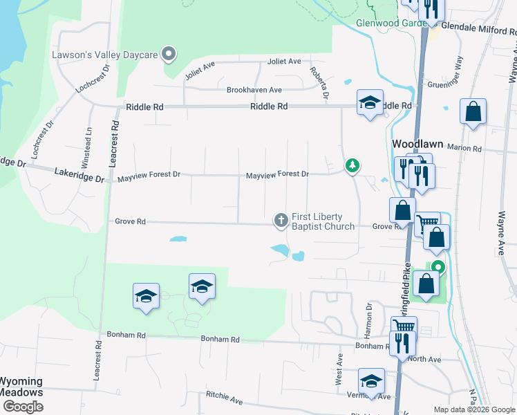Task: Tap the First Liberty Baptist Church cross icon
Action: (x=281, y=220)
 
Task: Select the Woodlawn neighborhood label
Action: (x=417, y=144)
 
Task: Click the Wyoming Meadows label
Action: (x=21, y=387)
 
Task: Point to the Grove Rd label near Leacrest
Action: (x=131, y=222)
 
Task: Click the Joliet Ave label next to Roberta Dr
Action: (x=285, y=62)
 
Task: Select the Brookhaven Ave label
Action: (x=254, y=90)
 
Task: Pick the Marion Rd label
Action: (x=464, y=148)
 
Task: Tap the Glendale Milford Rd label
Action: (x=478, y=28)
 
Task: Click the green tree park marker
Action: (x=352, y=165)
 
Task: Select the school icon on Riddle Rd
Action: (x=370, y=103)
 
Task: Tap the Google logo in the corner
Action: (x=23, y=407)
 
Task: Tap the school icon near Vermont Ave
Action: (x=371, y=381)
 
